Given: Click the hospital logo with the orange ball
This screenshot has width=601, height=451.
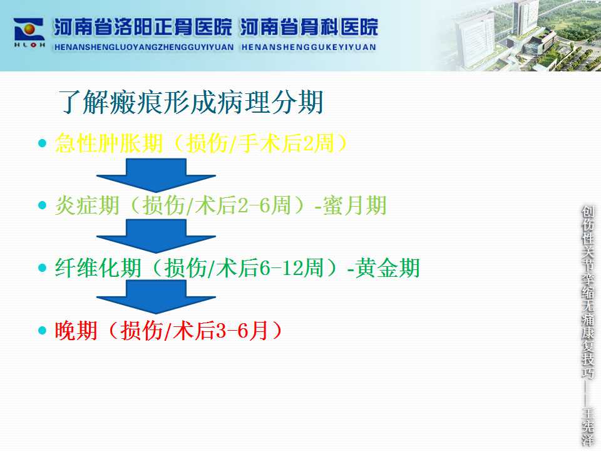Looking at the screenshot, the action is point(29,33).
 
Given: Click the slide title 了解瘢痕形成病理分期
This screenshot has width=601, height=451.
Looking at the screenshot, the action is point(191,102).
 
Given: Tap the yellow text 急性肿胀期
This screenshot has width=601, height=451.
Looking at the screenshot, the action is point(109,143).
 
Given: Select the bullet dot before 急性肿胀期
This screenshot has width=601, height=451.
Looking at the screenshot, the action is point(42,143).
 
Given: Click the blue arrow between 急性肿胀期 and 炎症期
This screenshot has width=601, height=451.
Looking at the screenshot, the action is point(156,175).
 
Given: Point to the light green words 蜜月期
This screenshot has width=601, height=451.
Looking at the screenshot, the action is point(354,205).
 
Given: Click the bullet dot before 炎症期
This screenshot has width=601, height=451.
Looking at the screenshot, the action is point(42,205).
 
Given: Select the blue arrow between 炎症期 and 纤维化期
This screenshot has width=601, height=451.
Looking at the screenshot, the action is point(156,236).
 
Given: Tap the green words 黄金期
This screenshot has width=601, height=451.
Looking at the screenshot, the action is point(388,267).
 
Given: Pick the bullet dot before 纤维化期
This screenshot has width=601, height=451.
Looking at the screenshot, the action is point(42,267).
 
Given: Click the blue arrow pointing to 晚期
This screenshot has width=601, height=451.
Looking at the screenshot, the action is point(156,296).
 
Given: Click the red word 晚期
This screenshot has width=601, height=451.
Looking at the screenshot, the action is point(76,330).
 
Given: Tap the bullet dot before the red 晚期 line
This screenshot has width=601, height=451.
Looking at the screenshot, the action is point(42,330).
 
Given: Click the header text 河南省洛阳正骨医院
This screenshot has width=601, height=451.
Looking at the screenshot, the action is point(143,27).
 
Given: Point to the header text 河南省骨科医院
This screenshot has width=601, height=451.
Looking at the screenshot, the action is point(309,27).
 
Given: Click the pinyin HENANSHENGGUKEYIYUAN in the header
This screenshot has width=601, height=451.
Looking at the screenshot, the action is point(309,47).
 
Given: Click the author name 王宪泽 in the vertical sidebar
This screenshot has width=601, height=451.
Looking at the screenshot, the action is point(588,427).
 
